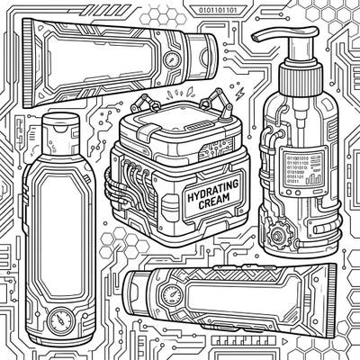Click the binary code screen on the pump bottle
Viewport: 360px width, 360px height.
click(x=299, y=168)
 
